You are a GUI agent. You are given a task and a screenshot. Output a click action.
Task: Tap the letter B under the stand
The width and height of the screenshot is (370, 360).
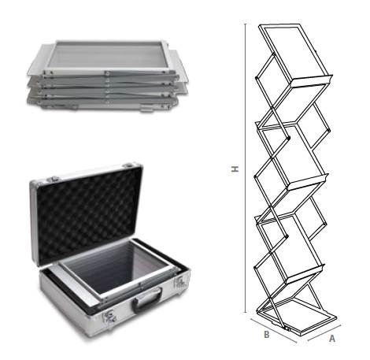click(267, 335)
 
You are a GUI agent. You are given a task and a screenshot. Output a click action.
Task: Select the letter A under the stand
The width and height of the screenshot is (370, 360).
click(332, 339)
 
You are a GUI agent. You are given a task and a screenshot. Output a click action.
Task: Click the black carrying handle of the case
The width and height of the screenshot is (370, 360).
click(147, 301)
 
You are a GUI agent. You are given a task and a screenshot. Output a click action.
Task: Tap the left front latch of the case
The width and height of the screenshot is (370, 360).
click(110, 316)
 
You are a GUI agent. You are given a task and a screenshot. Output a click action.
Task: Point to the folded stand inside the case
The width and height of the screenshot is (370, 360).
click(116, 270)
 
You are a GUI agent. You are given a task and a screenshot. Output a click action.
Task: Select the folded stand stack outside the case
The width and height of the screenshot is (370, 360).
click(108, 76)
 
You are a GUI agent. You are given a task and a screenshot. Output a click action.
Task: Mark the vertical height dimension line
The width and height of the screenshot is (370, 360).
click(246, 168)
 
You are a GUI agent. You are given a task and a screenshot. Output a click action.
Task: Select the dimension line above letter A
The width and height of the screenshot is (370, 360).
click(324, 333)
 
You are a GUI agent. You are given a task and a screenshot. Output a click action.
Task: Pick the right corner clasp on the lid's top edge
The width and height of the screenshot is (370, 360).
click(129, 165)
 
